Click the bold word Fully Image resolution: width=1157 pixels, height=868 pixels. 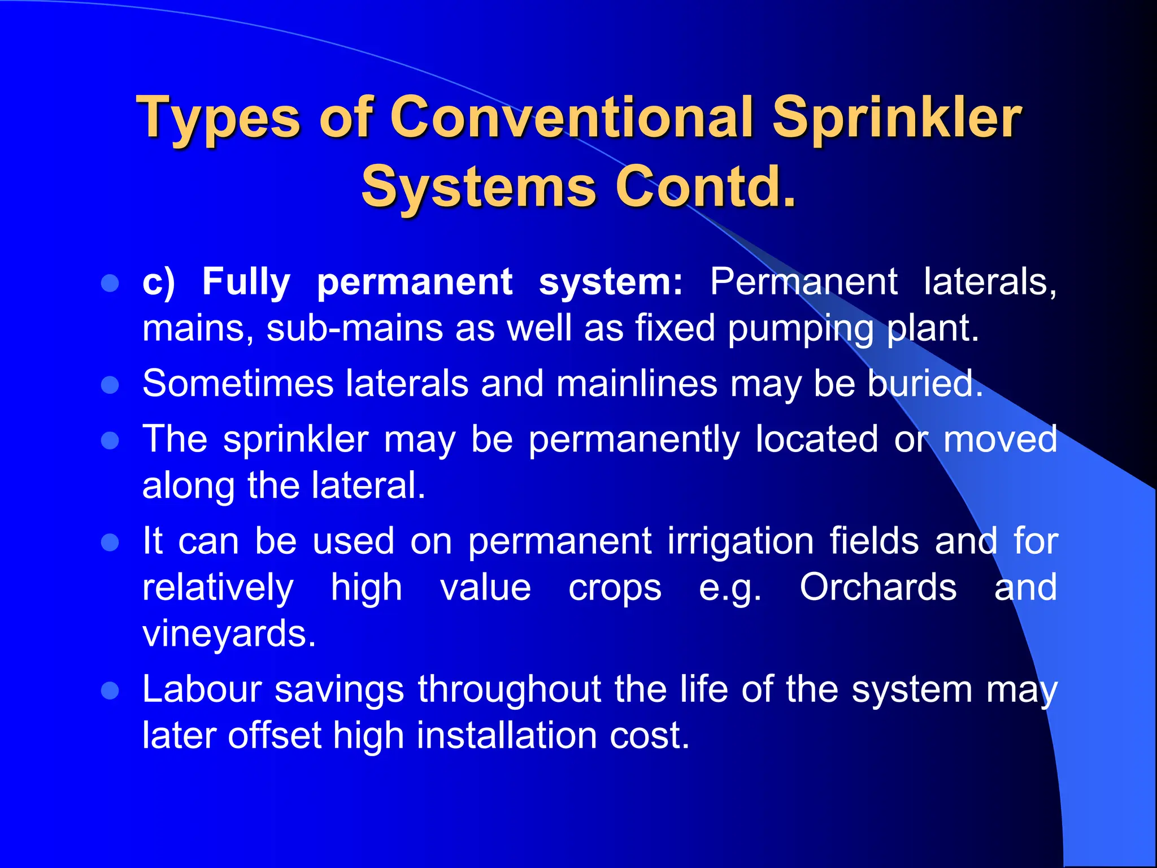246,281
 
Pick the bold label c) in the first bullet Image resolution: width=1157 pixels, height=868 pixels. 159,282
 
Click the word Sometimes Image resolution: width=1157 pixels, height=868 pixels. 238,384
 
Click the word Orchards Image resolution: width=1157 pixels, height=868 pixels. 878,587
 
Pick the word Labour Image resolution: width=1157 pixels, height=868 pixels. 202,689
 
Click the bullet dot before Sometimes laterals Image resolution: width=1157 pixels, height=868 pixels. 110,385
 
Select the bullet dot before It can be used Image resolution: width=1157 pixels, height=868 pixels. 110,542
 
